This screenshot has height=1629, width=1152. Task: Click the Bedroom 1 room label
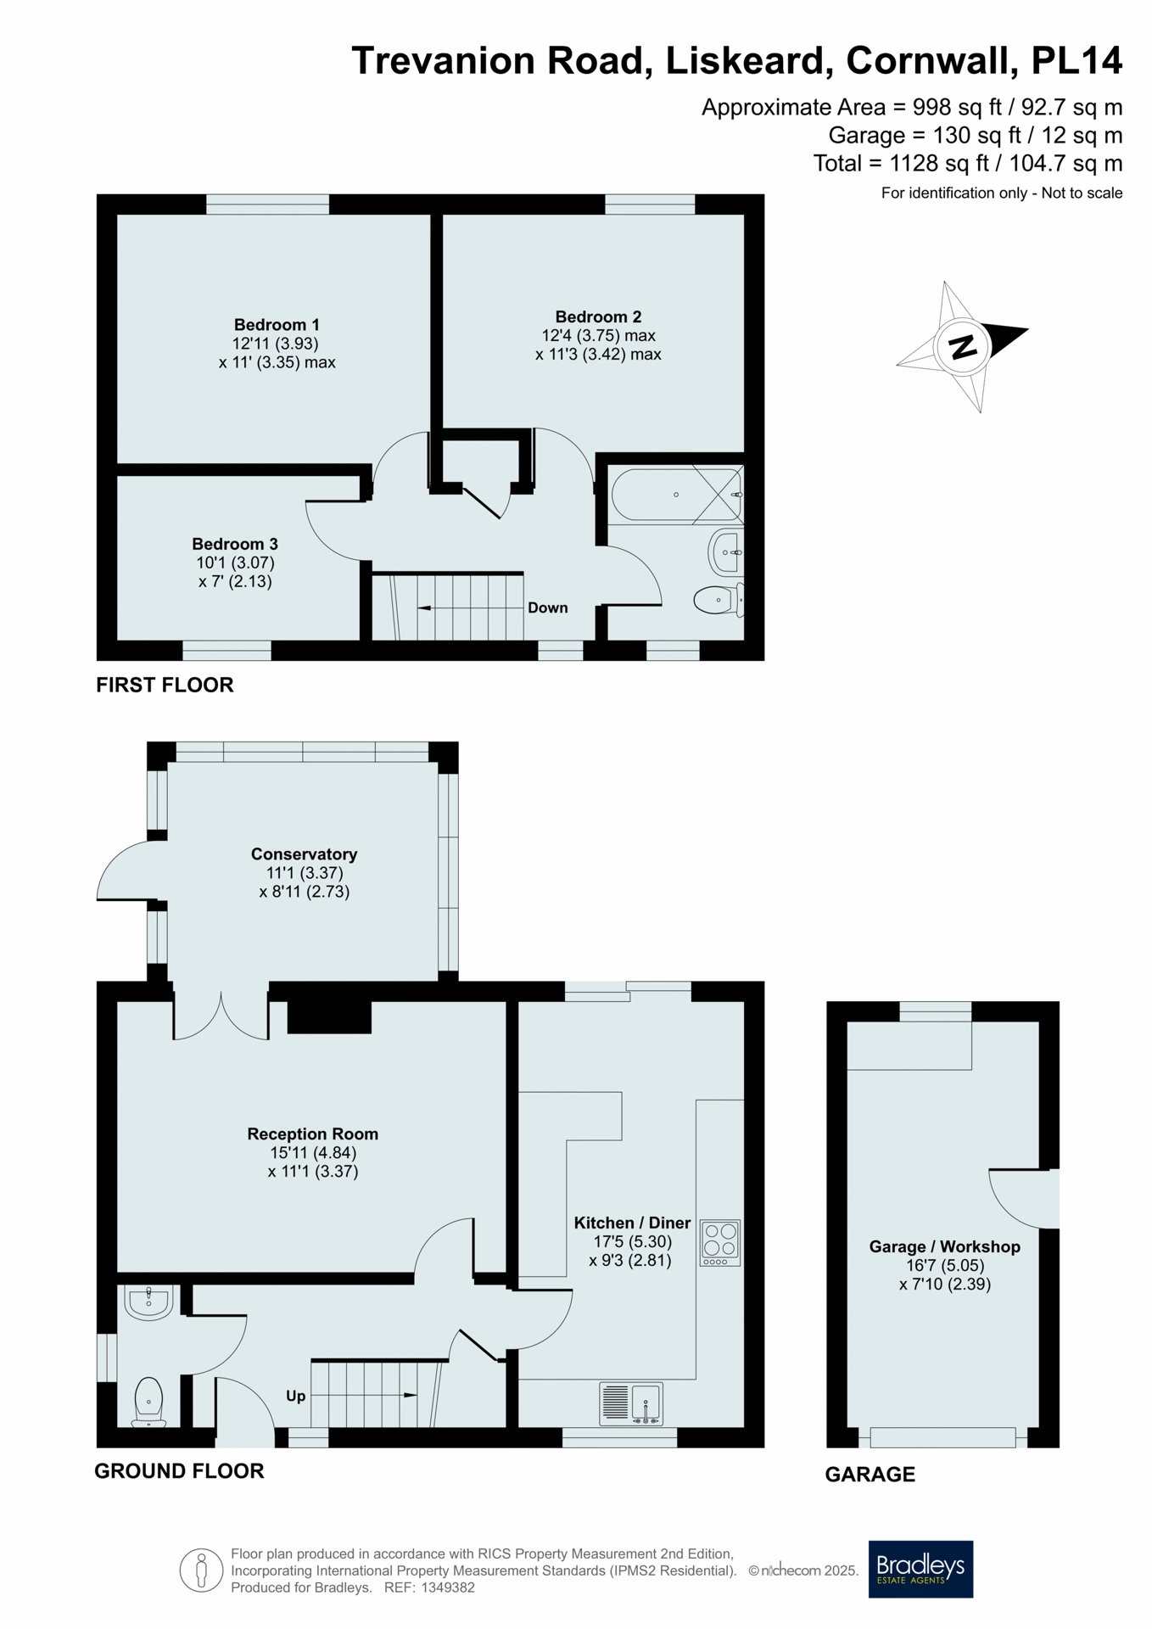tap(277, 325)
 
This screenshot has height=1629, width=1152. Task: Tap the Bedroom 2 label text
tap(598, 317)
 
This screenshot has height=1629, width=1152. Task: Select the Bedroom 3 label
tap(235, 544)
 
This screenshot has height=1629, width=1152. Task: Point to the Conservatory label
tap(304, 854)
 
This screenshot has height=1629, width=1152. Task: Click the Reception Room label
tap(313, 1134)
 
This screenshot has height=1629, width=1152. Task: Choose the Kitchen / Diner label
tap(632, 1223)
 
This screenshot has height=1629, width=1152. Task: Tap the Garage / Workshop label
tap(944, 1246)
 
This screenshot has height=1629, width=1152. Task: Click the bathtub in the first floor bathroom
tap(676, 495)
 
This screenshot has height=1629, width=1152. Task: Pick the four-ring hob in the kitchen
tap(720, 1243)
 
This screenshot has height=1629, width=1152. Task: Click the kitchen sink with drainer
tap(631, 1403)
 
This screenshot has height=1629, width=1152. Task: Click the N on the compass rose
tap(962, 346)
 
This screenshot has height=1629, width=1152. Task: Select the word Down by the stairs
tap(548, 607)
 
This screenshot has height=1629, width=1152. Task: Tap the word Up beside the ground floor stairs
tap(295, 1396)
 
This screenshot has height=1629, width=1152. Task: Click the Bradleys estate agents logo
tap(920, 1569)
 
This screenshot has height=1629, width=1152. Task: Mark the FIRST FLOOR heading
tap(165, 685)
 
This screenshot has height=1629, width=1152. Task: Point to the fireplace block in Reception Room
tap(329, 1017)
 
